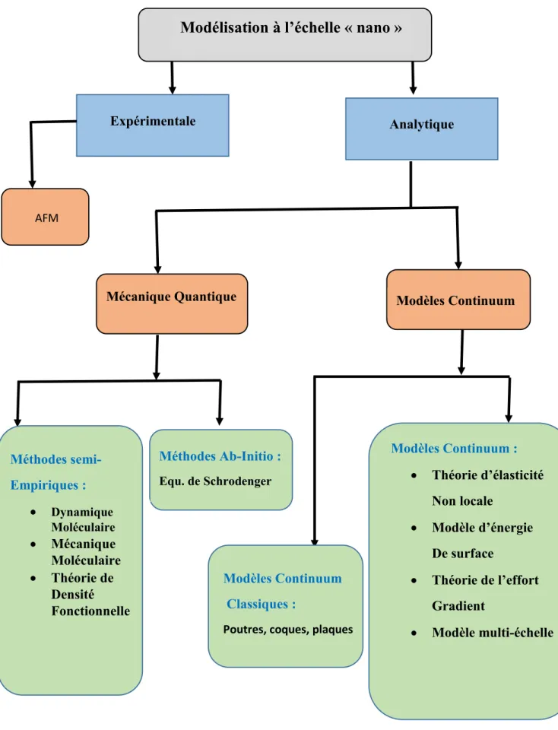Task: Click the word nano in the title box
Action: click(x=373, y=28)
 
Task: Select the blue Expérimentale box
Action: click(x=153, y=125)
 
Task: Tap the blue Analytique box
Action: click(x=422, y=129)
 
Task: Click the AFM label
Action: click(x=46, y=218)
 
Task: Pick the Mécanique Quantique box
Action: click(x=172, y=303)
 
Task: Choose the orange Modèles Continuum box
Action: click(x=458, y=300)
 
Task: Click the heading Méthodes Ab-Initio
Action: click(x=220, y=455)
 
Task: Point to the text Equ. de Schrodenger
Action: click(x=215, y=481)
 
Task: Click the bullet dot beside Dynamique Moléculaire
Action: click(x=33, y=512)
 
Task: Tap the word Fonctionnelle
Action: click(x=90, y=611)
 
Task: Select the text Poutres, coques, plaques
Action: click(x=288, y=630)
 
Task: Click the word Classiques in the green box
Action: click(x=258, y=604)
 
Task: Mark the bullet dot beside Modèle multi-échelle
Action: click(x=414, y=633)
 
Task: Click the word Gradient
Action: click(x=458, y=606)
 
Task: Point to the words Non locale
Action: click(x=463, y=501)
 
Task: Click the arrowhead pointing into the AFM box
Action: click(x=32, y=184)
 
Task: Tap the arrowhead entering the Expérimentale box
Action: click(x=173, y=90)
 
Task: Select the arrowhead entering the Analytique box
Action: click(x=414, y=90)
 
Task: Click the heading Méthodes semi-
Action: click(x=55, y=459)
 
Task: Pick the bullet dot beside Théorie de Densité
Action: click(x=33, y=579)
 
